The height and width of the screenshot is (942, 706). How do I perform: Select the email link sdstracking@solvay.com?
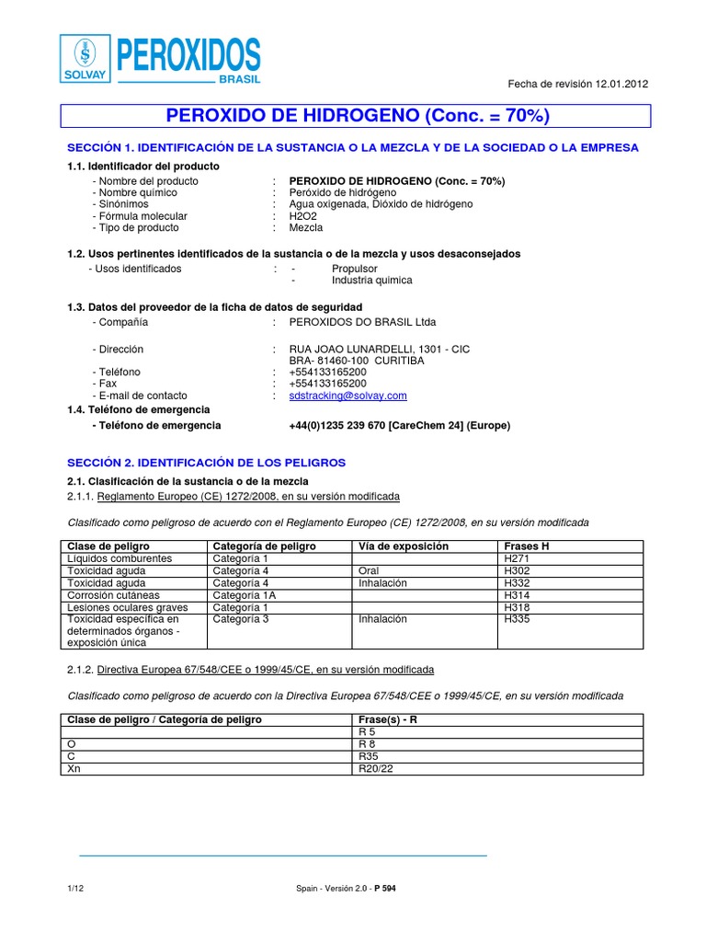(x=347, y=396)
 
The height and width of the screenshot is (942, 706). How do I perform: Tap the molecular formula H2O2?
(x=302, y=216)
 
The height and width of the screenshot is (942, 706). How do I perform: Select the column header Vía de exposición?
(x=403, y=546)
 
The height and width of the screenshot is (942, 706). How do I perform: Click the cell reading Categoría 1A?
(x=244, y=595)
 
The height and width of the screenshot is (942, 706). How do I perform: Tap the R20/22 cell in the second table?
(x=375, y=768)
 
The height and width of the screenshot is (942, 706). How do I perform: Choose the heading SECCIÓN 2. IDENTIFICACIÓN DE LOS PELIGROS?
(x=207, y=462)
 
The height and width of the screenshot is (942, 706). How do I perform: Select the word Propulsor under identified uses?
(x=355, y=269)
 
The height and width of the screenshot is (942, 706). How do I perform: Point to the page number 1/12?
(x=75, y=888)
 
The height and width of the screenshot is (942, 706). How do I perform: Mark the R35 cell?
(x=368, y=756)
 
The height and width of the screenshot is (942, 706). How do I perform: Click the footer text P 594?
(x=385, y=888)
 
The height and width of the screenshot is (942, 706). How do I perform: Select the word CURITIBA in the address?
(x=399, y=361)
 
